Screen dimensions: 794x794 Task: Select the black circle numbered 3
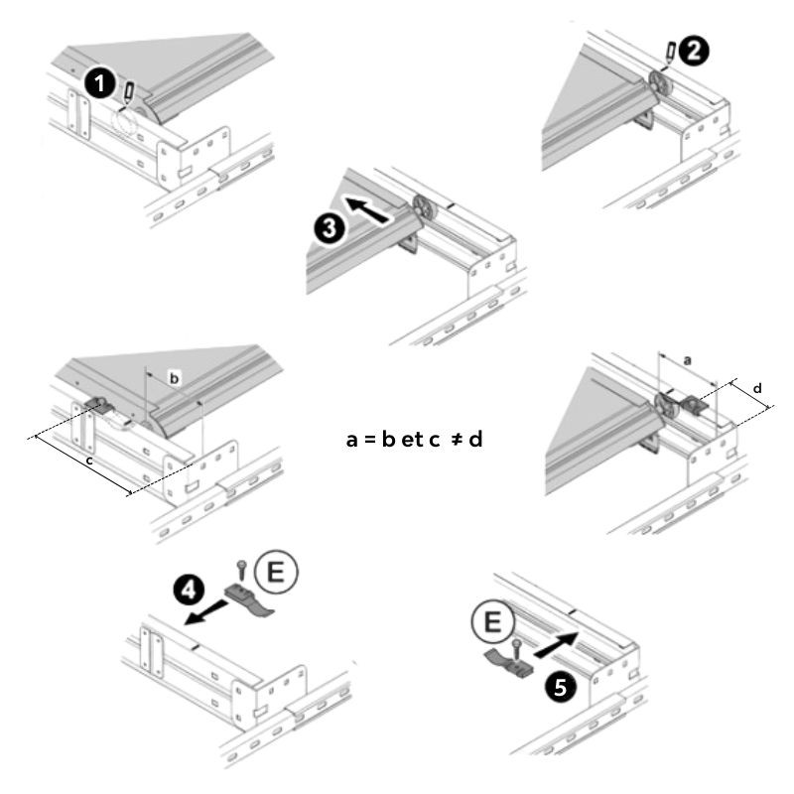(x=331, y=228)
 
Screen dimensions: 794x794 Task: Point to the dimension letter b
(x=174, y=378)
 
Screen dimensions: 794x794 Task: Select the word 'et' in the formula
(x=412, y=438)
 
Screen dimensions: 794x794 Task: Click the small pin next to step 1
(x=130, y=92)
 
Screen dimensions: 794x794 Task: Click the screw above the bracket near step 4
(x=241, y=569)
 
